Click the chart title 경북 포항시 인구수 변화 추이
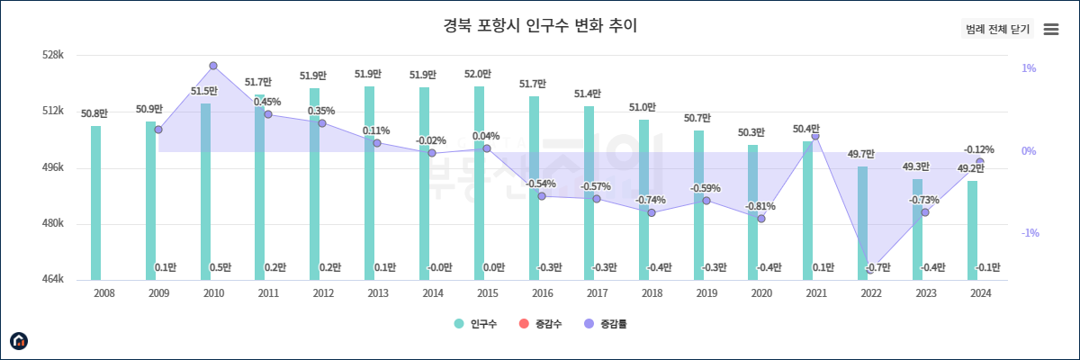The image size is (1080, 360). click(540, 25)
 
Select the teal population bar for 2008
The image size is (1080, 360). click(96, 202)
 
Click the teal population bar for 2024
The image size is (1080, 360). click(972, 229)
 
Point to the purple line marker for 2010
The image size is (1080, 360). click(213, 66)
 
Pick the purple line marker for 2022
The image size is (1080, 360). click(870, 269)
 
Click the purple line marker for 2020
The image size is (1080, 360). click(761, 219)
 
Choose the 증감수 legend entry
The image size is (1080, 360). click(541, 324)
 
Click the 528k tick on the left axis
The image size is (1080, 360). click(53, 56)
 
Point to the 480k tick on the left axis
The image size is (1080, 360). click(53, 224)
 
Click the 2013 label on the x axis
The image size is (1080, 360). click(377, 293)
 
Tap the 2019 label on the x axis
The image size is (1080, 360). click(706, 293)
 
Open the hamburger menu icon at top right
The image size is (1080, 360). click(1050, 29)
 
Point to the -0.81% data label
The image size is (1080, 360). click(760, 206)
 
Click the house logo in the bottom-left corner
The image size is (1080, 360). click(19, 340)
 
